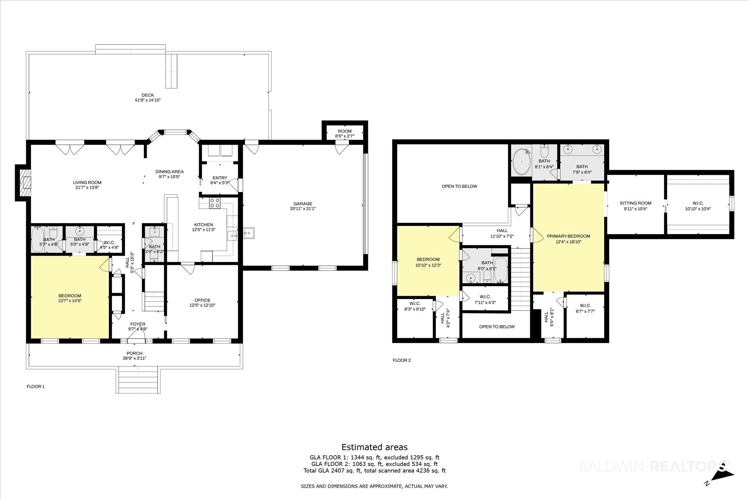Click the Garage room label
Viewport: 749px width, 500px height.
click(x=303, y=204)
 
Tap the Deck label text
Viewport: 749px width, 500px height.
click(x=148, y=95)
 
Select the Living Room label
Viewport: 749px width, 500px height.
click(x=87, y=183)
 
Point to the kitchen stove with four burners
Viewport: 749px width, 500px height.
click(x=215, y=203)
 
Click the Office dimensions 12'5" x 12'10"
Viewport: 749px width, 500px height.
click(x=202, y=305)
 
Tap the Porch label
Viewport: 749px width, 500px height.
click(x=135, y=353)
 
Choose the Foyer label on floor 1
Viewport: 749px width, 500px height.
click(x=138, y=324)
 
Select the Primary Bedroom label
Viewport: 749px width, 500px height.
click(x=568, y=236)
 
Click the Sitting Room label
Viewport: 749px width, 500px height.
click(x=636, y=203)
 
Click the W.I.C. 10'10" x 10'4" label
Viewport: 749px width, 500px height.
click(x=698, y=206)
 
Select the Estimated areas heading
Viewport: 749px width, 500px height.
click(x=374, y=447)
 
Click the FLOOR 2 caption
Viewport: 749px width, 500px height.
click(x=402, y=360)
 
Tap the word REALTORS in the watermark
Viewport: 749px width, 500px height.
click(x=687, y=467)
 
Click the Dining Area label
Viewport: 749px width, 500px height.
click(x=169, y=172)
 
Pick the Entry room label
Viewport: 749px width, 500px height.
click(x=220, y=178)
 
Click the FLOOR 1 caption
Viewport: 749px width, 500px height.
click(x=35, y=387)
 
